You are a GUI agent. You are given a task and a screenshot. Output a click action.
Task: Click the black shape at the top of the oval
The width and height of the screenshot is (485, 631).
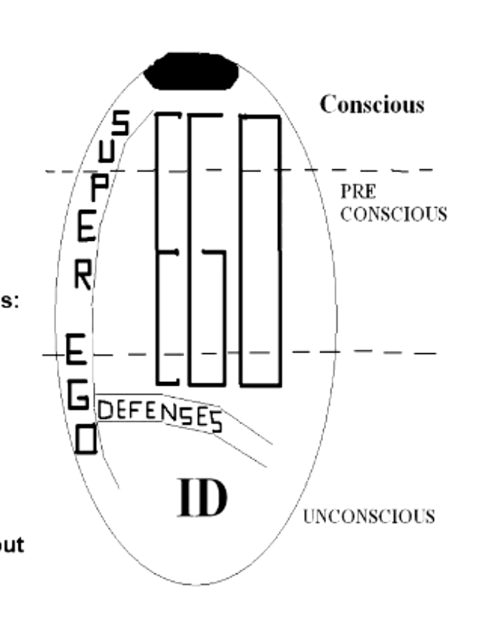[x=191, y=72]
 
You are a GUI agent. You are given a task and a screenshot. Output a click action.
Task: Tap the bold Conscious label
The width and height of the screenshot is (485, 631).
[x=372, y=105]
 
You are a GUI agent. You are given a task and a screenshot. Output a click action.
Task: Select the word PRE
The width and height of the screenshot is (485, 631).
[x=358, y=192]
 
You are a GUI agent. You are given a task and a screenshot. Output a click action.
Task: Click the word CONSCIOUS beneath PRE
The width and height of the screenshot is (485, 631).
[x=393, y=214]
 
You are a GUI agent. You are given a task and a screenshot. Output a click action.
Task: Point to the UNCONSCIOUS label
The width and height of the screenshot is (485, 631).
[x=369, y=516]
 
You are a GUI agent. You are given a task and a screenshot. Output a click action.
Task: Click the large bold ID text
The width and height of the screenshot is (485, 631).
[x=200, y=499]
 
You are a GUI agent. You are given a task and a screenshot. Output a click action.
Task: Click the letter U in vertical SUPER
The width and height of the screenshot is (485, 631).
[x=106, y=152]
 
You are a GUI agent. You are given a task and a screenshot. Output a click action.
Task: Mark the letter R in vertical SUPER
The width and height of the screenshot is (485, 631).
[x=84, y=275]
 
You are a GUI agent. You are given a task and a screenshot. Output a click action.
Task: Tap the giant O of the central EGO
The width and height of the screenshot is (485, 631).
[x=260, y=250]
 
